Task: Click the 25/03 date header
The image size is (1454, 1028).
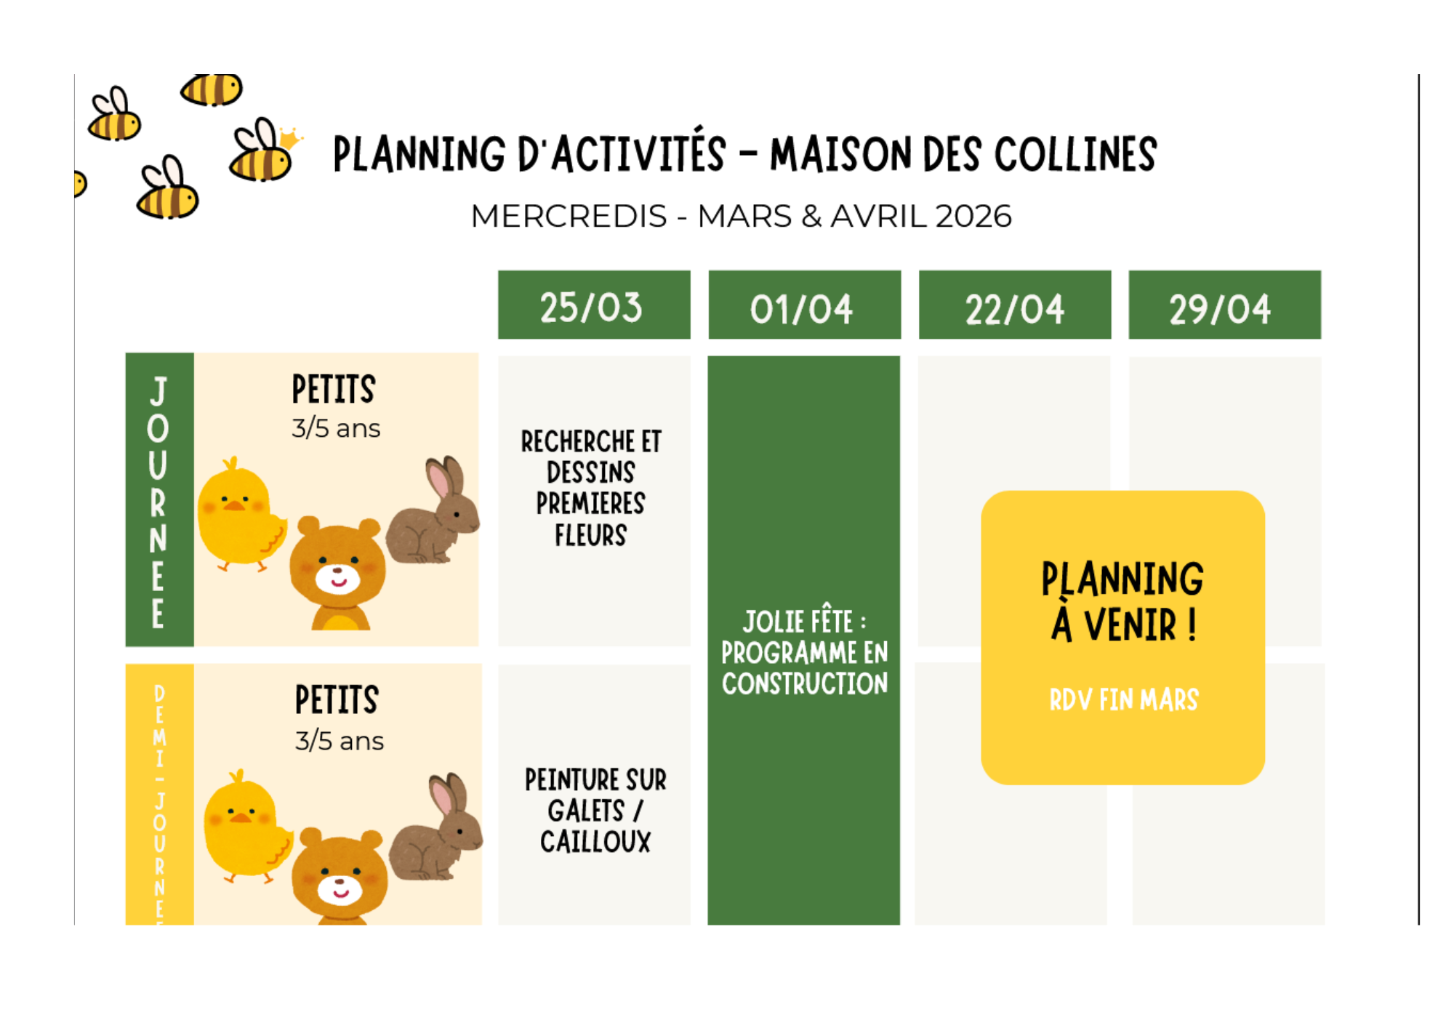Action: coord(594,305)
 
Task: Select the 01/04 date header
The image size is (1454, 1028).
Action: coord(805,305)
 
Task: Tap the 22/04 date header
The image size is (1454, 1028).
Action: coord(1015,305)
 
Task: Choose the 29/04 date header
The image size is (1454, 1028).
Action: coord(1225,305)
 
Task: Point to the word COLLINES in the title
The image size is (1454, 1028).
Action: coord(1075,154)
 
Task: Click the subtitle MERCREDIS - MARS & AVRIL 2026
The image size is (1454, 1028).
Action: coord(741,216)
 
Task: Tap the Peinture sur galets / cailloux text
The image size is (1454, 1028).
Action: coord(595,811)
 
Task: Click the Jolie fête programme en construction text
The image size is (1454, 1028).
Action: coord(805,652)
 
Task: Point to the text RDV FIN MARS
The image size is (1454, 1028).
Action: coord(1124,699)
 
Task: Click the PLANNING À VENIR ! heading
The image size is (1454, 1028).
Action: coord(1122,601)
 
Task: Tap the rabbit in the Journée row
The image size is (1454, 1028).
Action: coord(433,510)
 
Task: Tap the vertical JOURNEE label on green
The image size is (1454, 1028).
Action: coord(158,502)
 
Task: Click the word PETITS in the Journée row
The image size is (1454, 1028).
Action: coord(334,389)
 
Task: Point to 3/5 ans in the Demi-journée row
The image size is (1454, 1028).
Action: coord(339,741)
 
